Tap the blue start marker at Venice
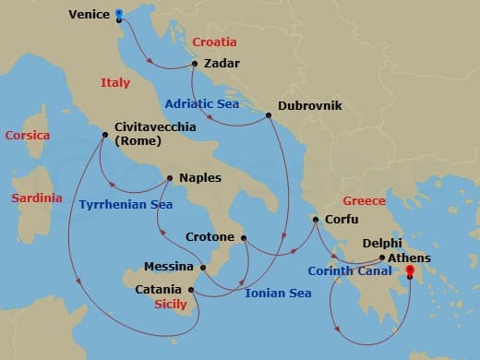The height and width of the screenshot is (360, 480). [x=120, y=15]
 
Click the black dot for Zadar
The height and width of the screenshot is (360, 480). [x=195, y=64]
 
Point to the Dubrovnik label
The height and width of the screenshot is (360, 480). [x=311, y=106]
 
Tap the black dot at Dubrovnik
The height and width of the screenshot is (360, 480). [x=269, y=115]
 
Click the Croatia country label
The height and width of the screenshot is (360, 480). [x=214, y=42]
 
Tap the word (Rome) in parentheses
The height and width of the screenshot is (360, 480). [x=138, y=141]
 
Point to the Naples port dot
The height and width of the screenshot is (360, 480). [x=170, y=178]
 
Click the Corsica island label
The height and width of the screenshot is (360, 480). [x=29, y=136]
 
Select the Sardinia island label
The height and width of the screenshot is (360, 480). [x=36, y=198]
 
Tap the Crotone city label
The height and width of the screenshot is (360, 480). [x=210, y=237]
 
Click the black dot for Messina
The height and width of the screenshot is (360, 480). [x=203, y=268]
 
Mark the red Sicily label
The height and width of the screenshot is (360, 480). [x=170, y=303]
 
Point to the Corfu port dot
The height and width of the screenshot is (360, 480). [x=315, y=220]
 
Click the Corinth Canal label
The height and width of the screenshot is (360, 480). [x=348, y=271]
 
